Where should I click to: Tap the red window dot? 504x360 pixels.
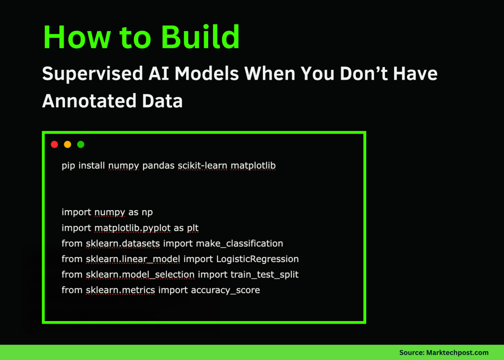55,144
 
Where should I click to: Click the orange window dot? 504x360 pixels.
67,144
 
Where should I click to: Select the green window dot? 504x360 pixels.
81,144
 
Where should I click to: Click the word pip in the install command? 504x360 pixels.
68,165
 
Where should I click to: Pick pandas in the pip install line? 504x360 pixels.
158,165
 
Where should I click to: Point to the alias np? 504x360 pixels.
147,212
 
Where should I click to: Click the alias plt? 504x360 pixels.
192,228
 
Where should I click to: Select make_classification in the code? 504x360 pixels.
239,243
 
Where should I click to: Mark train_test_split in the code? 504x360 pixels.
264,274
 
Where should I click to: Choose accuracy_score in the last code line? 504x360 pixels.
225,290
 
